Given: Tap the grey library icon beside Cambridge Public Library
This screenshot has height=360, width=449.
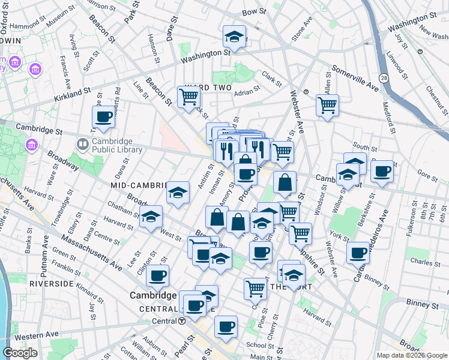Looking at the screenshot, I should click(82, 145).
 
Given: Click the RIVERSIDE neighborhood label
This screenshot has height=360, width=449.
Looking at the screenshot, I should click(51, 283).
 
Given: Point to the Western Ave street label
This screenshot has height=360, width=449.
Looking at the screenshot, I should click(37, 334).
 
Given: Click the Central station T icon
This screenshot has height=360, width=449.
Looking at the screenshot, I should click(181, 321).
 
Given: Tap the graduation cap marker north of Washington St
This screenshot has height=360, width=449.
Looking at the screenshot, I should click(234, 37).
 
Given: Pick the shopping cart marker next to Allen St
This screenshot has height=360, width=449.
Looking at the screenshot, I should click(327, 105).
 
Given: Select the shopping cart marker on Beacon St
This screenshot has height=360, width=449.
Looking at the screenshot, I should click(188, 97).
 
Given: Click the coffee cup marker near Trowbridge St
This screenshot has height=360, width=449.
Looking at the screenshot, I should click(103, 117).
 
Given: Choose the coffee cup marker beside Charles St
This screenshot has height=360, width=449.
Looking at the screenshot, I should click(358, 253).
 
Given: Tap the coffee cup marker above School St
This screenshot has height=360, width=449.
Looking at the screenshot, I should click(226, 326).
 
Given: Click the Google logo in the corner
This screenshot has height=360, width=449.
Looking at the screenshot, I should click(20, 353).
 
